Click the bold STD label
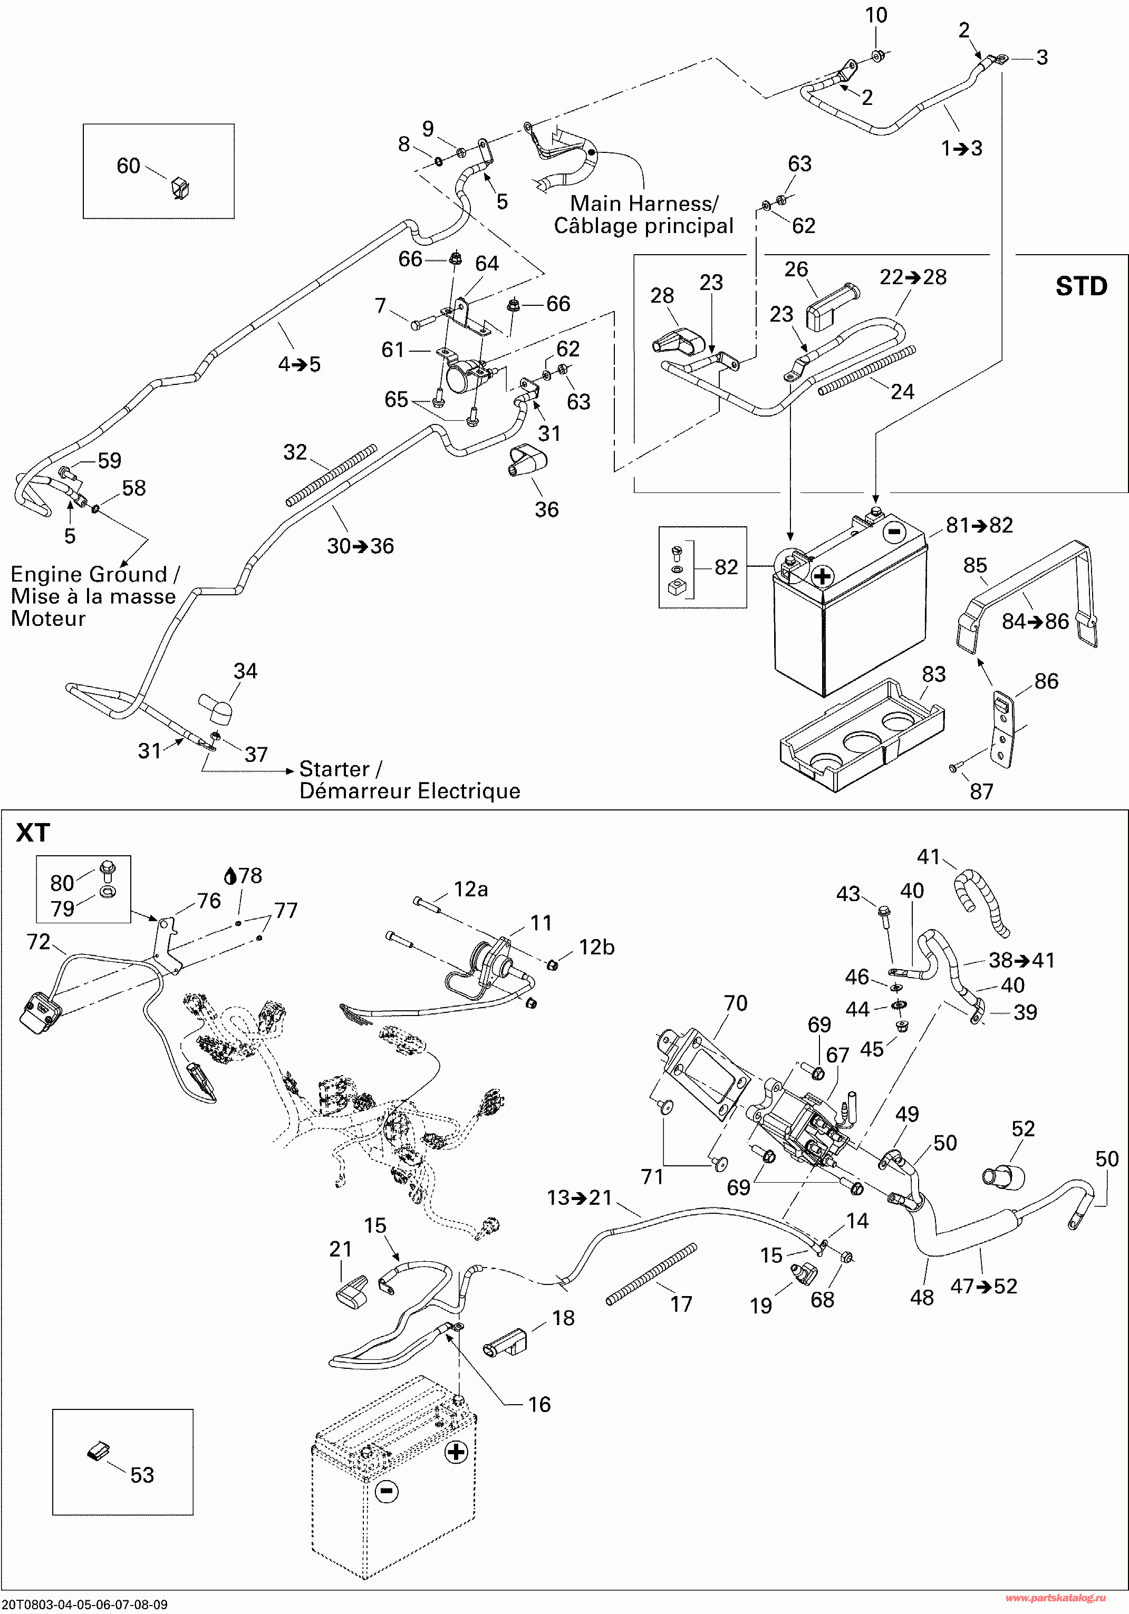[1080, 287]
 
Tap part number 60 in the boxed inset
[128, 166]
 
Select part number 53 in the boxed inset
[142, 1474]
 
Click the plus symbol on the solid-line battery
[822, 576]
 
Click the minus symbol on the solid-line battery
[893, 531]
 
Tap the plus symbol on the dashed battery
[456, 1451]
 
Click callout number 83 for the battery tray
[933, 674]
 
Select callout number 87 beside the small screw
[981, 791]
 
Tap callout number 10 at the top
[876, 15]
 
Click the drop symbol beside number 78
[230, 876]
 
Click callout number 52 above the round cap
[1023, 1128]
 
